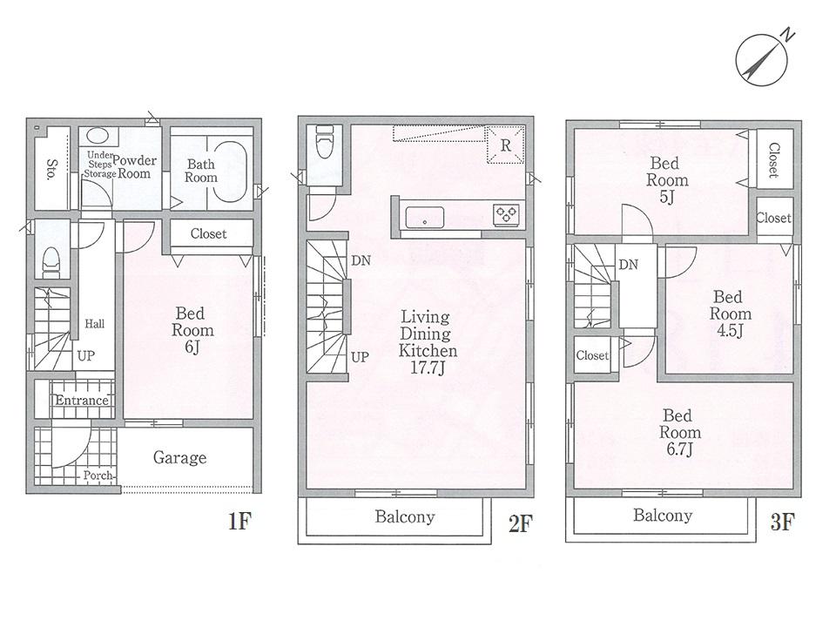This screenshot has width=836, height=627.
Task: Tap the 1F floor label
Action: [x=239, y=522]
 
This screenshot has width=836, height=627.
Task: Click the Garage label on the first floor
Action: [x=180, y=457]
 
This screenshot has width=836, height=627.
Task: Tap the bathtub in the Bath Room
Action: [x=231, y=172]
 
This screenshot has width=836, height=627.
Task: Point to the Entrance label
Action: [x=83, y=401]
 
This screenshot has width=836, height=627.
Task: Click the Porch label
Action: [x=98, y=476]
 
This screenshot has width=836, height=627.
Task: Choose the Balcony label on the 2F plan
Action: [x=404, y=517]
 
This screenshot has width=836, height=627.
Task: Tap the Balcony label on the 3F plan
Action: [x=663, y=516]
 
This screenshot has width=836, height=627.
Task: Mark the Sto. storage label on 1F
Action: [x=52, y=168]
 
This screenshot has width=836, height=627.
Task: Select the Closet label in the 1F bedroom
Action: [x=208, y=233]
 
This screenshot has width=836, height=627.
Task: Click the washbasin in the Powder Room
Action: [x=98, y=138]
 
